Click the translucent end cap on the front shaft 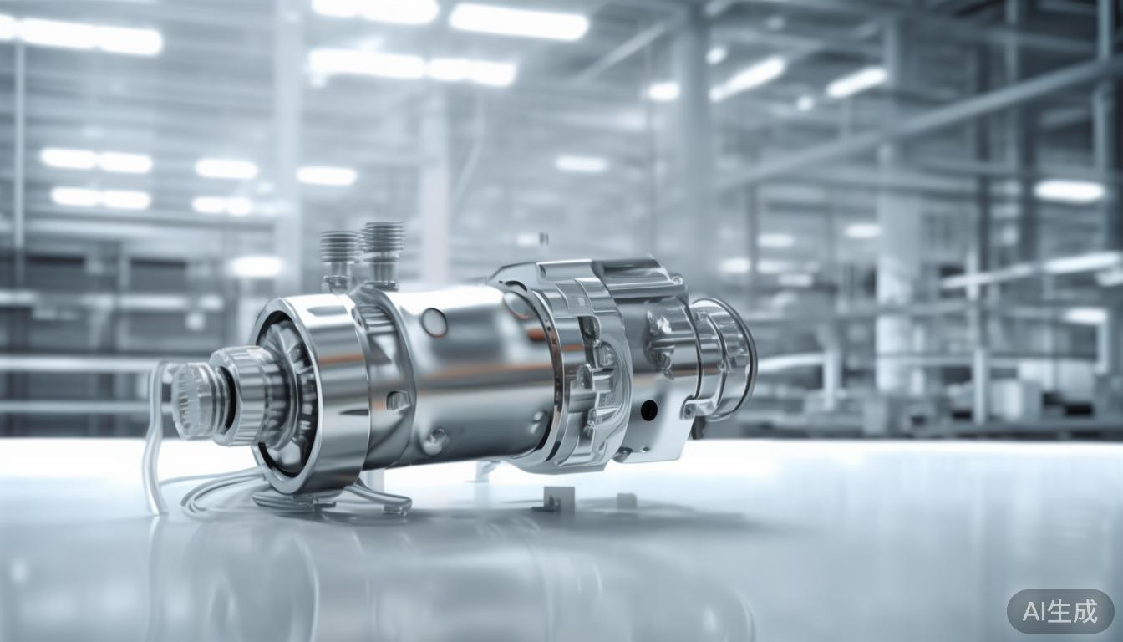(191, 400)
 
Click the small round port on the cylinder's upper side (434, 322)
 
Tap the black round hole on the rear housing (648, 410)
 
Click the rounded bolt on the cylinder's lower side (434, 441)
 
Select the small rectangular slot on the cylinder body (399, 400)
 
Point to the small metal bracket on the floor (552, 499)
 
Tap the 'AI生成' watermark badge (1059, 611)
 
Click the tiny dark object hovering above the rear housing (544, 239)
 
